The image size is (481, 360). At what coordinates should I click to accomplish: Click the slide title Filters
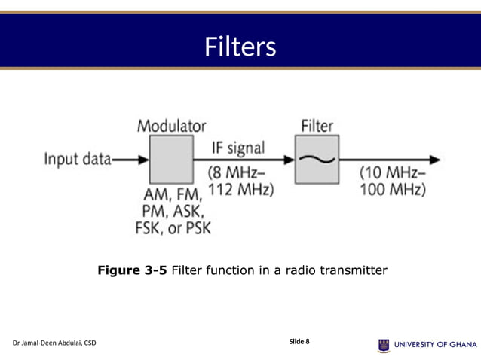coord(240,47)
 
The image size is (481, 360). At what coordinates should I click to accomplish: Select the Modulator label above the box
coord(171,126)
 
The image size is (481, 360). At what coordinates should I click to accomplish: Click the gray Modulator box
coord(171,160)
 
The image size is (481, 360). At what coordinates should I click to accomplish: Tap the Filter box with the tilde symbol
coord(317,160)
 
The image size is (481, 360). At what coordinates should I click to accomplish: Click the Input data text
coord(77,159)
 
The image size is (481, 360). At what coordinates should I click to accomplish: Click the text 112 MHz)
coord(240,189)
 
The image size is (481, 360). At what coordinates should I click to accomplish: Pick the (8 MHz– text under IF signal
coord(237,172)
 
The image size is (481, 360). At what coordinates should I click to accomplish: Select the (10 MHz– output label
coord(392,172)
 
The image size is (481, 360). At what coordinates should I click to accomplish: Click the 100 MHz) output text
coord(393,189)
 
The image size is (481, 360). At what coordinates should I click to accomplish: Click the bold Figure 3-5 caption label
coord(133,270)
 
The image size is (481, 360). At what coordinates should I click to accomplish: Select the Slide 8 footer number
coord(299,342)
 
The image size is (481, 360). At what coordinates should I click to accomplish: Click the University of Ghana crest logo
coord(384,345)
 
